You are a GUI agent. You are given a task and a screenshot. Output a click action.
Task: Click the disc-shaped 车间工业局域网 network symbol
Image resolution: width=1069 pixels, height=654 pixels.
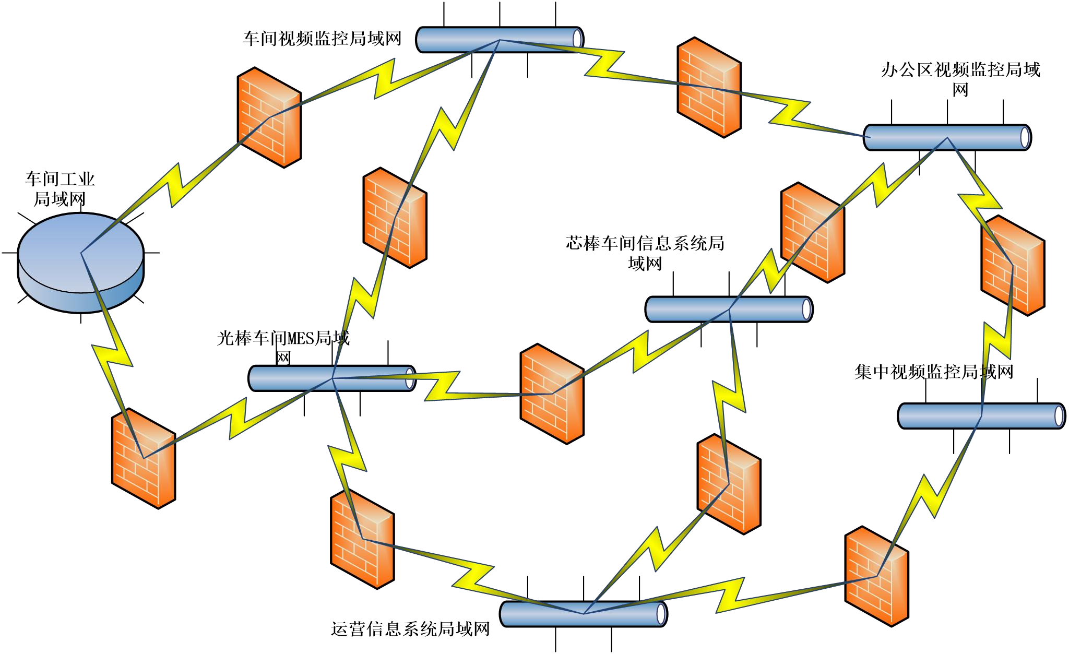coord(80,261)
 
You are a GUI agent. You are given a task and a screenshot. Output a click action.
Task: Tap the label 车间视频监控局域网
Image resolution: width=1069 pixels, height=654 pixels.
coord(322,39)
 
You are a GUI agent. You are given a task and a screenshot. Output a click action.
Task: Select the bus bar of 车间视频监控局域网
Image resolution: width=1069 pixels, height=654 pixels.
coord(500,40)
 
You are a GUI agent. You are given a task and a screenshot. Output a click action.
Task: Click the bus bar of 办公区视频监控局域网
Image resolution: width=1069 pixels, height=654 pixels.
coord(947,137)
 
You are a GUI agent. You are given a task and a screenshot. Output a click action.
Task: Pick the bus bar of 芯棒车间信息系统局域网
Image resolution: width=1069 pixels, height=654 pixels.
coord(729,310)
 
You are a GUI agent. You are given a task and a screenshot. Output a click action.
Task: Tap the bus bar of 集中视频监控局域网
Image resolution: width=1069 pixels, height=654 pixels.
coord(981,416)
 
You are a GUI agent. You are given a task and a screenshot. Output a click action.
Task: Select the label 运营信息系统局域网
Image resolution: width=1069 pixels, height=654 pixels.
coord(410,629)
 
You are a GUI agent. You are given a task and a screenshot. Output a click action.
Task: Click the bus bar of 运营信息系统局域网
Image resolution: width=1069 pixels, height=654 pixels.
coord(583,614)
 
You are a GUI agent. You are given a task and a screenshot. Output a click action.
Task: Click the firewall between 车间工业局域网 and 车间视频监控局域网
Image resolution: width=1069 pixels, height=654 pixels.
coord(269,117)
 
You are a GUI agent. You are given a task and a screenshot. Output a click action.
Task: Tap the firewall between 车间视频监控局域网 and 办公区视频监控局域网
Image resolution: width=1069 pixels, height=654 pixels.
coord(709,87)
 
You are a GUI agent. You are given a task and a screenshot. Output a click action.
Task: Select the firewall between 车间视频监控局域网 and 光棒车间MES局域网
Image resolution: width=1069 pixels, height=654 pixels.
coord(395,218)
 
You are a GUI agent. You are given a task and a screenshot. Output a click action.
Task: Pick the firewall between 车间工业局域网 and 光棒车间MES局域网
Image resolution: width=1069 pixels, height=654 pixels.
coord(144,458)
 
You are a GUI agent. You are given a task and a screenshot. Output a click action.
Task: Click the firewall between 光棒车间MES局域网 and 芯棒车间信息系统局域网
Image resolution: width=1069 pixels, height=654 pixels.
coord(552,394)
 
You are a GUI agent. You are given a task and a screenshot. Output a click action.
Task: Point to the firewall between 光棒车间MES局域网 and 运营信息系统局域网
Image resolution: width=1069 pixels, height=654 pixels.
coord(362,539)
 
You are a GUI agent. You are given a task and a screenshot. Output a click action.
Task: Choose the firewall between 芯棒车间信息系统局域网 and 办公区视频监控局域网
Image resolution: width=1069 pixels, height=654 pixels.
coord(813,232)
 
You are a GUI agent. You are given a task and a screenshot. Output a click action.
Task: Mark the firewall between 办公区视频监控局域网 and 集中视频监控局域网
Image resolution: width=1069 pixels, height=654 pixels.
coord(1013,265)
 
